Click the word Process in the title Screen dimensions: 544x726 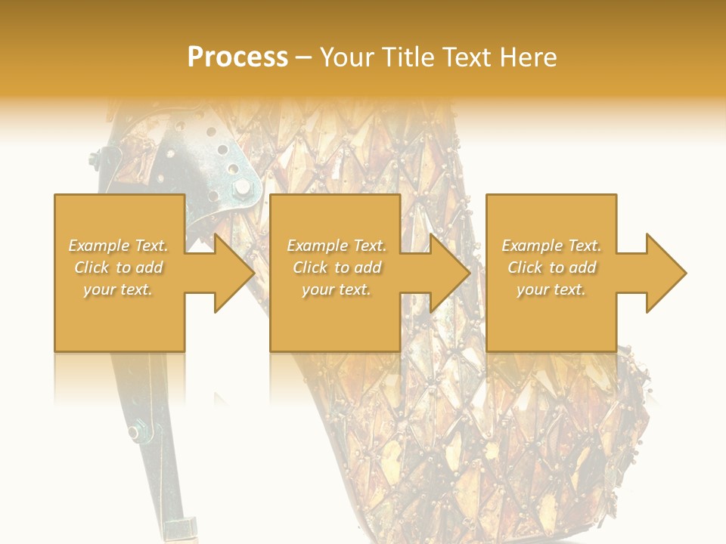click(237, 57)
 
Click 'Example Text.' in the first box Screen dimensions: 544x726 click(118, 246)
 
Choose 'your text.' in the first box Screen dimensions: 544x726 click(118, 289)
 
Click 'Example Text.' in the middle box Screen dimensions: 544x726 click(337, 246)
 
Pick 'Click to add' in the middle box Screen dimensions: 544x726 click(337, 267)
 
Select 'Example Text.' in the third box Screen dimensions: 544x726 click(551, 246)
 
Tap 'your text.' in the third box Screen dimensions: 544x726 click(551, 289)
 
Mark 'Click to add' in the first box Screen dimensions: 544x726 click(118, 267)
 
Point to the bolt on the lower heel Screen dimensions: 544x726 click(135, 432)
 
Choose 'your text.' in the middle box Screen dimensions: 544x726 click(337, 289)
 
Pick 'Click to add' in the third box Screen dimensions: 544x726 click(551, 267)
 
